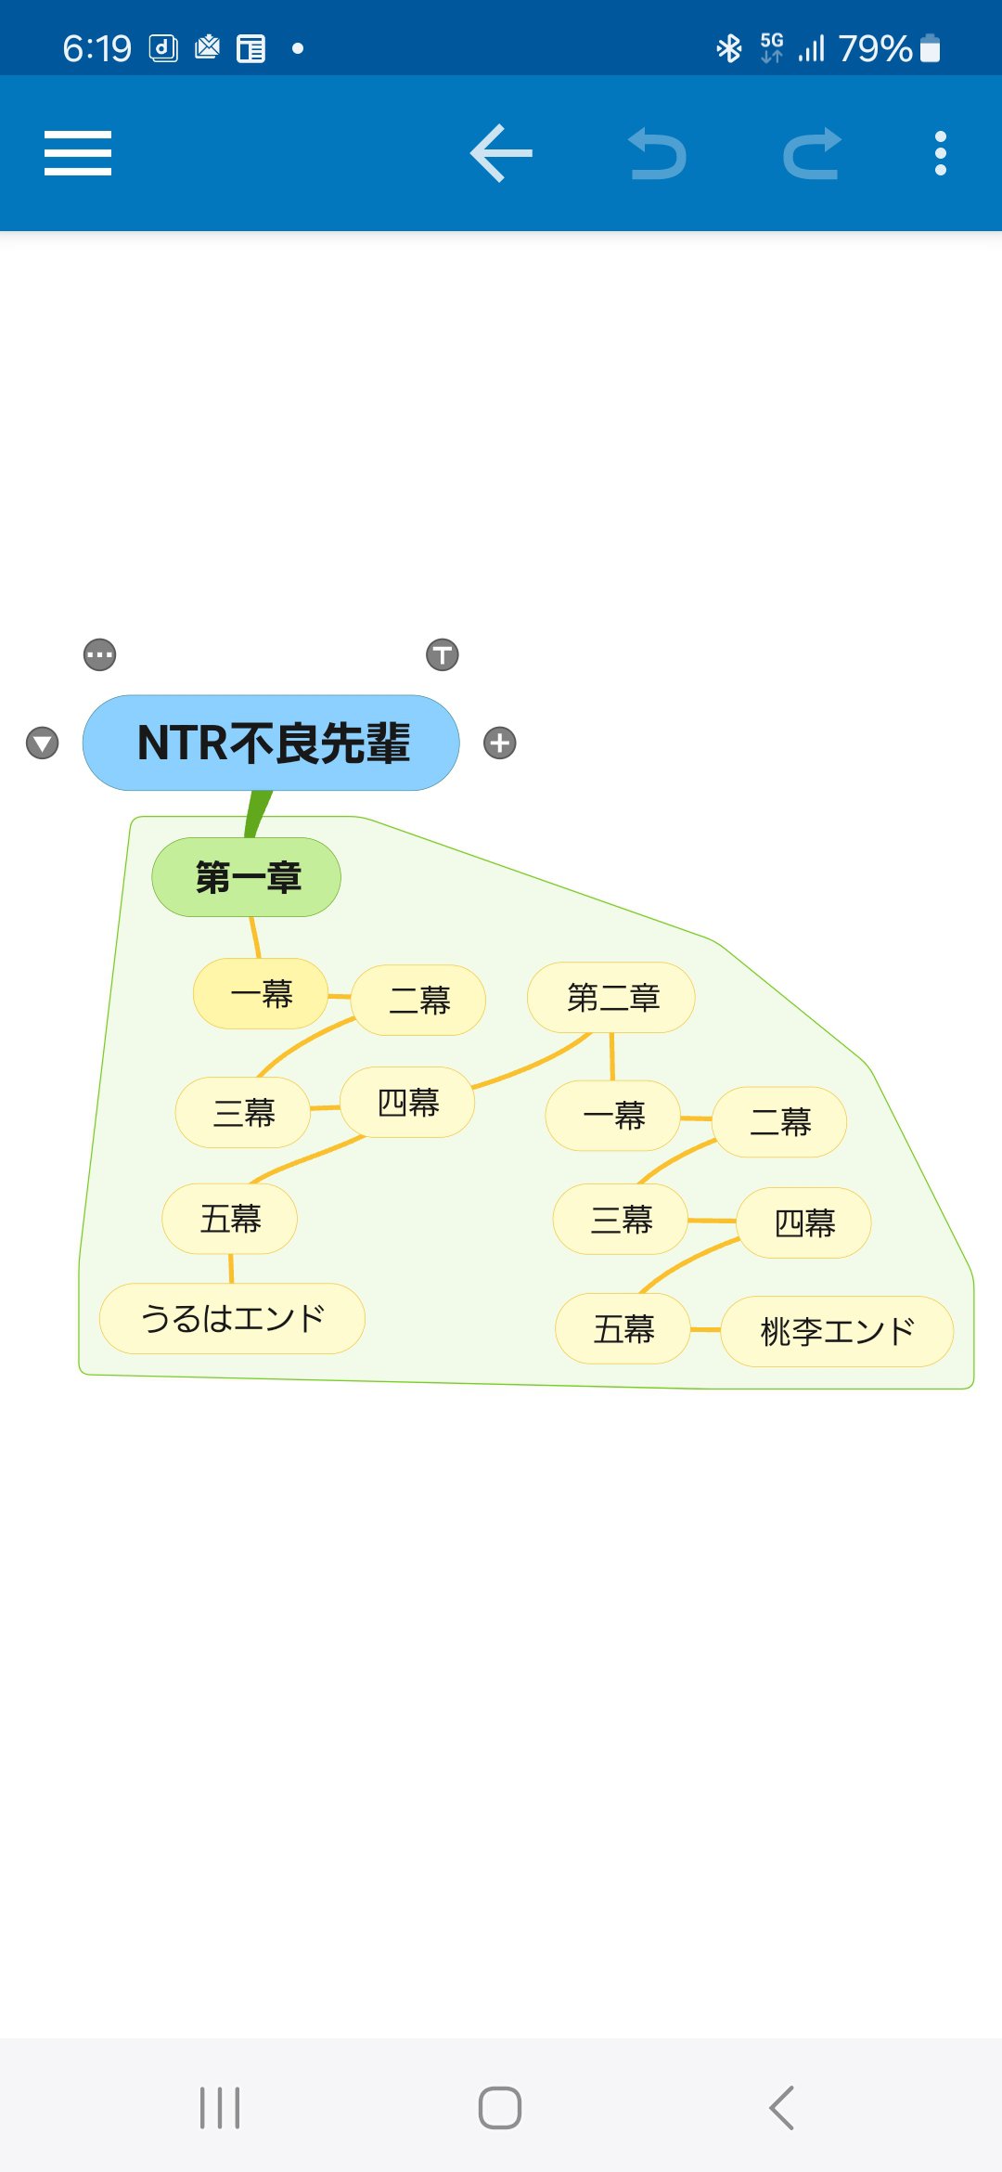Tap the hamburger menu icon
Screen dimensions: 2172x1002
pyautogui.click(x=78, y=153)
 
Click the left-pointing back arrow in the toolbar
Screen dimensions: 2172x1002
pyautogui.click(x=501, y=153)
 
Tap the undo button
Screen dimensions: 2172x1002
pyautogui.click(x=658, y=154)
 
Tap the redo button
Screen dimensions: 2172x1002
pyautogui.click(x=812, y=154)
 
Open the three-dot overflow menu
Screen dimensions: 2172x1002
pyautogui.click(x=940, y=153)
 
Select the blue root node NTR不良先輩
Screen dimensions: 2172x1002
pyautogui.click(x=271, y=743)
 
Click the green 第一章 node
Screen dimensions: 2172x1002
pyautogui.click(x=247, y=877)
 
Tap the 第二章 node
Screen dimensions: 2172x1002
pyautogui.click(x=611, y=998)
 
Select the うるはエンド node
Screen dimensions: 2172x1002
pyautogui.click(x=232, y=1318)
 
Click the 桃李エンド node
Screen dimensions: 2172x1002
pyautogui.click(x=837, y=1331)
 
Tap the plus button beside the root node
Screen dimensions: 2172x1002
pyautogui.click(x=500, y=743)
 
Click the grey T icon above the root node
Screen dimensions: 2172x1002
pyautogui.click(x=443, y=654)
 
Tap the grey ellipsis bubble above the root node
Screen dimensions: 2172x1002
pyautogui.click(x=100, y=654)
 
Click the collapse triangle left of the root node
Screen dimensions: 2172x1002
pyautogui.click(x=43, y=743)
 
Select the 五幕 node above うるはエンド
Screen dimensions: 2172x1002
pyautogui.click(x=230, y=1219)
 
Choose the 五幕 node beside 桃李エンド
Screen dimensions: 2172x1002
pyautogui.click(x=623, y=1329)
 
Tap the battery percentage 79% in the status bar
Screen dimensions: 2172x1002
pyautogui.click(x=875, y=48)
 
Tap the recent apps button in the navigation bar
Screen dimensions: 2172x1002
pyautogui.click(x=220, y=2108)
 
